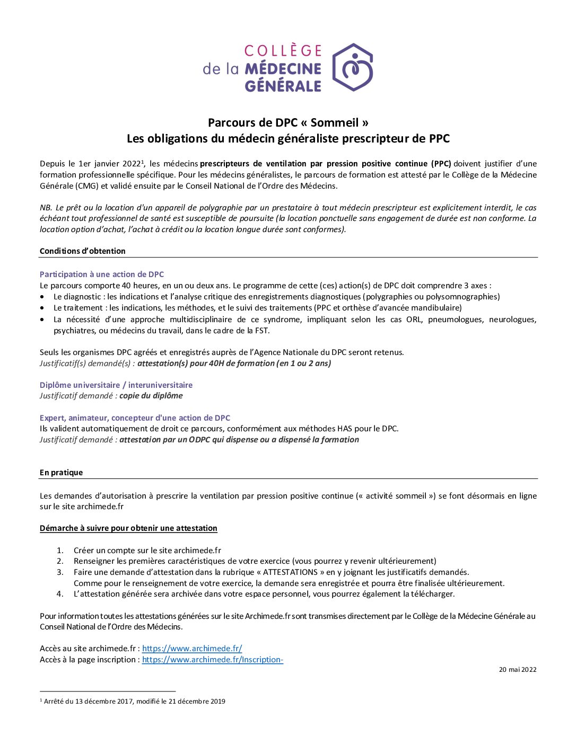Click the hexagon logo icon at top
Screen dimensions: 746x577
(353, 67)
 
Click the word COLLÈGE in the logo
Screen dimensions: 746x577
(283, 51)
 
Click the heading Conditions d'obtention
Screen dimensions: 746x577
(83, 251)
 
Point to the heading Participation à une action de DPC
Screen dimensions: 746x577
(102, 274)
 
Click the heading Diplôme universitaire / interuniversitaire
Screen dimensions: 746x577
(116, 385)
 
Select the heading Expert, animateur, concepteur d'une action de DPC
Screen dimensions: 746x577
(135, 418)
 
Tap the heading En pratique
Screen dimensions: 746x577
(62, 473)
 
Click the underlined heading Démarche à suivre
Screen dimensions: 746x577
(128, 528)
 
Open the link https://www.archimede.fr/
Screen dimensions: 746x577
(192, 649)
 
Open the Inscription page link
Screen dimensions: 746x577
(213, 660)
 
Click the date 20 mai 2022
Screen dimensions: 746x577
(518, 670)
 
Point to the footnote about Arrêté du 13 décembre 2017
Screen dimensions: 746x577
(134, 701)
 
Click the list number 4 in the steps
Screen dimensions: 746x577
(60, 594)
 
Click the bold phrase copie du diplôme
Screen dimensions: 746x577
(151, 396)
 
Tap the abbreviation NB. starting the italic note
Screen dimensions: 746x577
(46, 208)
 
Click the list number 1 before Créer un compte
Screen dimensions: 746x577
(60, 550)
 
